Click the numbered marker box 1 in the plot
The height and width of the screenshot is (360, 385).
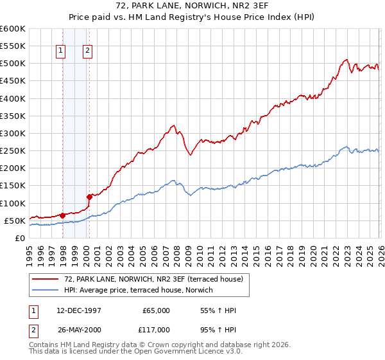[x=61, y=50]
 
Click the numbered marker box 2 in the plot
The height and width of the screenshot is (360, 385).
[x=87, y=50]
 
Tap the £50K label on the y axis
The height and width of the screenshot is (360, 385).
[x=15, y=221]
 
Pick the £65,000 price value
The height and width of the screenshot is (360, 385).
[x=156, y=310]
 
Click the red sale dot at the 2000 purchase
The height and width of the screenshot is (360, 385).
[x=89, y=197]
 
